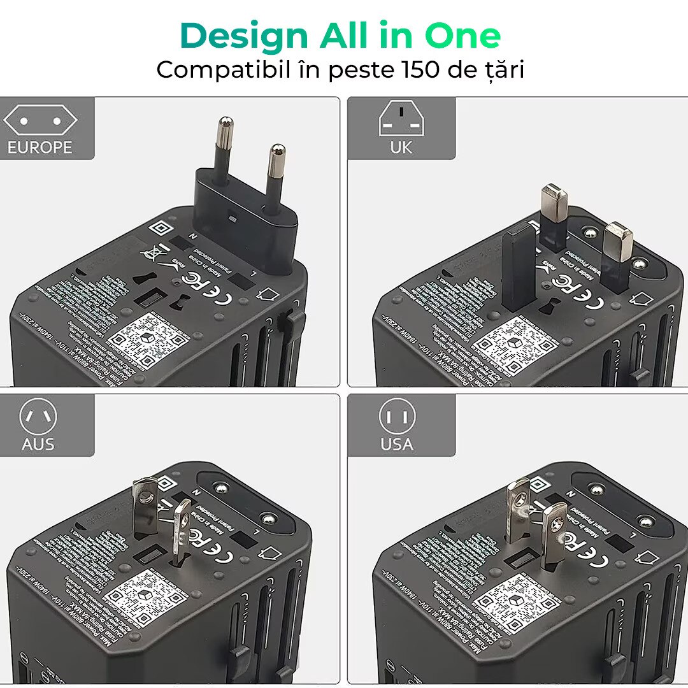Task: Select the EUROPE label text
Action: pos(39,148)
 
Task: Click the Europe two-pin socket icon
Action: pos(39,121)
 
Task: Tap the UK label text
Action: pos(401,148)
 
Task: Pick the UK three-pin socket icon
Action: pos(401,120)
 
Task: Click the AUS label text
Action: pos(38,444)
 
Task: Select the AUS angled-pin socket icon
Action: pos(38,417)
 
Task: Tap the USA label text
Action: pos(397,444)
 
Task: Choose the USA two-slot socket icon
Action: pos(397,417)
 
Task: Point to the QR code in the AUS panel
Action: pos(147,598)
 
